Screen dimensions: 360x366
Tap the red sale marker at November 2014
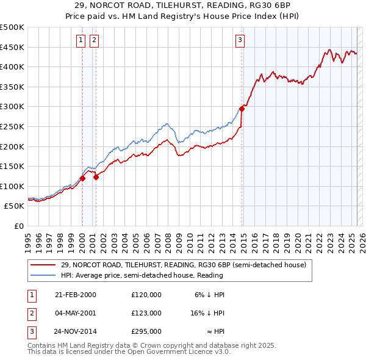242,108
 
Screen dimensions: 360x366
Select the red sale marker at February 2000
82,178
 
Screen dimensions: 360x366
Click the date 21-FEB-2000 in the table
76,295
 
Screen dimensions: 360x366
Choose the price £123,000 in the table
146,313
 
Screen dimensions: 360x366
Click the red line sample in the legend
43,265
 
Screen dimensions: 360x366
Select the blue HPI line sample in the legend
43,275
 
